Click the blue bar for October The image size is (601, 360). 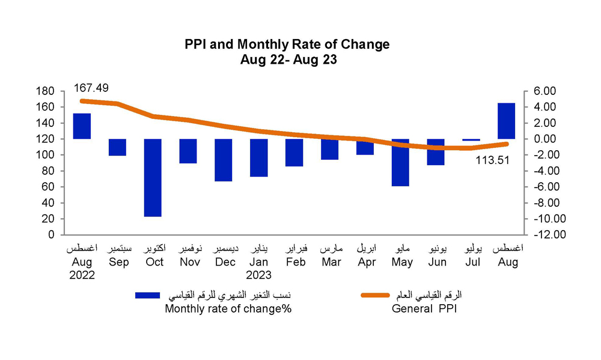(153, 177)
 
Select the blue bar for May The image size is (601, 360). (401, 162)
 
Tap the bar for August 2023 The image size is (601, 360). (507, 121)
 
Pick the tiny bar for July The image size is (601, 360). (472, 139)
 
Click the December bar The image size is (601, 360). (224, 160)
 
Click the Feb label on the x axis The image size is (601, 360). (295, 263)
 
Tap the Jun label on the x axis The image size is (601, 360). (436, 263)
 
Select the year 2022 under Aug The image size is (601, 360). (82, 275)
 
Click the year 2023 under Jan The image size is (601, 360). (259, 275)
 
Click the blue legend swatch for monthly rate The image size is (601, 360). (148, 296)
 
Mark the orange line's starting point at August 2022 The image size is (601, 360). (82, 101)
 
